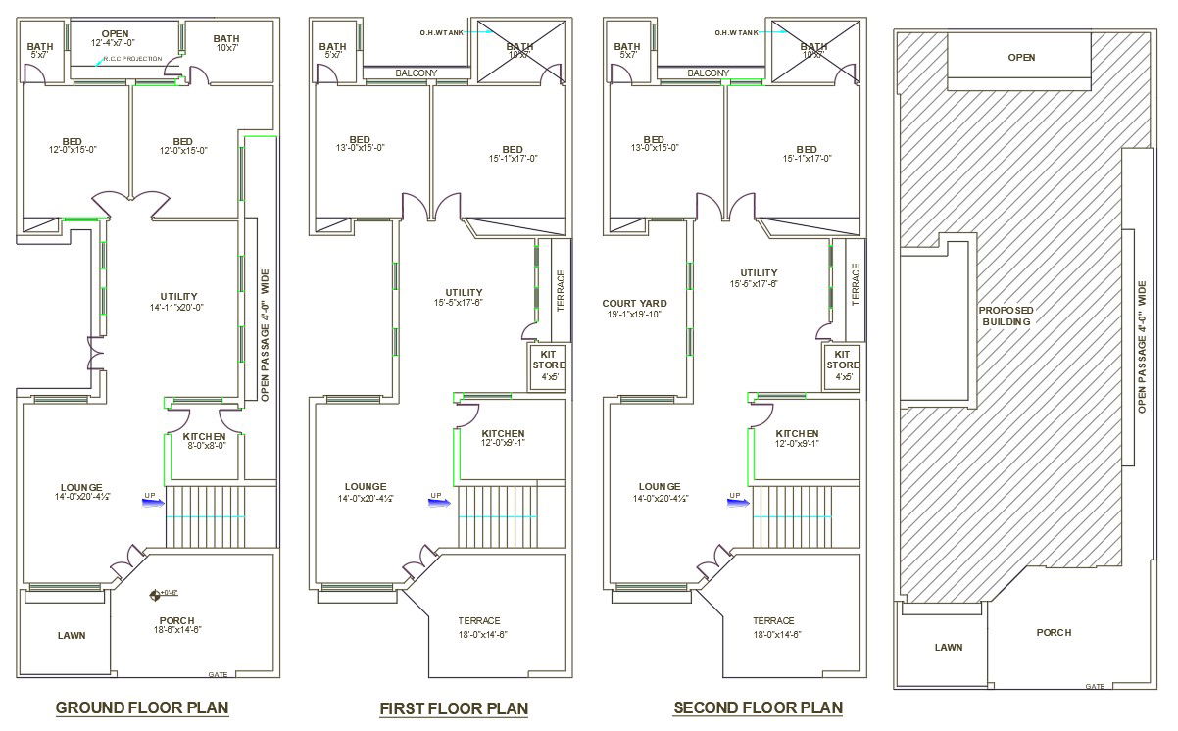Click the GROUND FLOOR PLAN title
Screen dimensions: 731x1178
tap(142, 707)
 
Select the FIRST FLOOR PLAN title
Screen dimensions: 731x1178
tap(454, 708)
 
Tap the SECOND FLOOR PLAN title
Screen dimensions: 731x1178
tap(758, 707)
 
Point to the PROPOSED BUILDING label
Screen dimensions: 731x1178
tap(1006, 316)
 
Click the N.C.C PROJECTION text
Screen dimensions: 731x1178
tap(132, 59)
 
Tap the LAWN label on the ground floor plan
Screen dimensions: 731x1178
tap(71, 635)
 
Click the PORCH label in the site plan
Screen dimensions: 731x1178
tap(1054, 633)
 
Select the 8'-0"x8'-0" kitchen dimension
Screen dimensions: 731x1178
tap(206, 446)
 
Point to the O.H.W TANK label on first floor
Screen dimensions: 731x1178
tap(441, 32)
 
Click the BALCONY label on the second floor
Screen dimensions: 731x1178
tap(708, 73)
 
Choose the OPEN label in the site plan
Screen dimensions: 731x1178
tap(1021, 58)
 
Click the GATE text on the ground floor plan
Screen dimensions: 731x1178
tap(218, 674)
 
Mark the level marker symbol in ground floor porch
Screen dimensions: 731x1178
tap(155, 594)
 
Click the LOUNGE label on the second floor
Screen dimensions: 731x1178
tap(659, 487)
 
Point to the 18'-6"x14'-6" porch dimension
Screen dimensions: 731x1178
tap(176, 630)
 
